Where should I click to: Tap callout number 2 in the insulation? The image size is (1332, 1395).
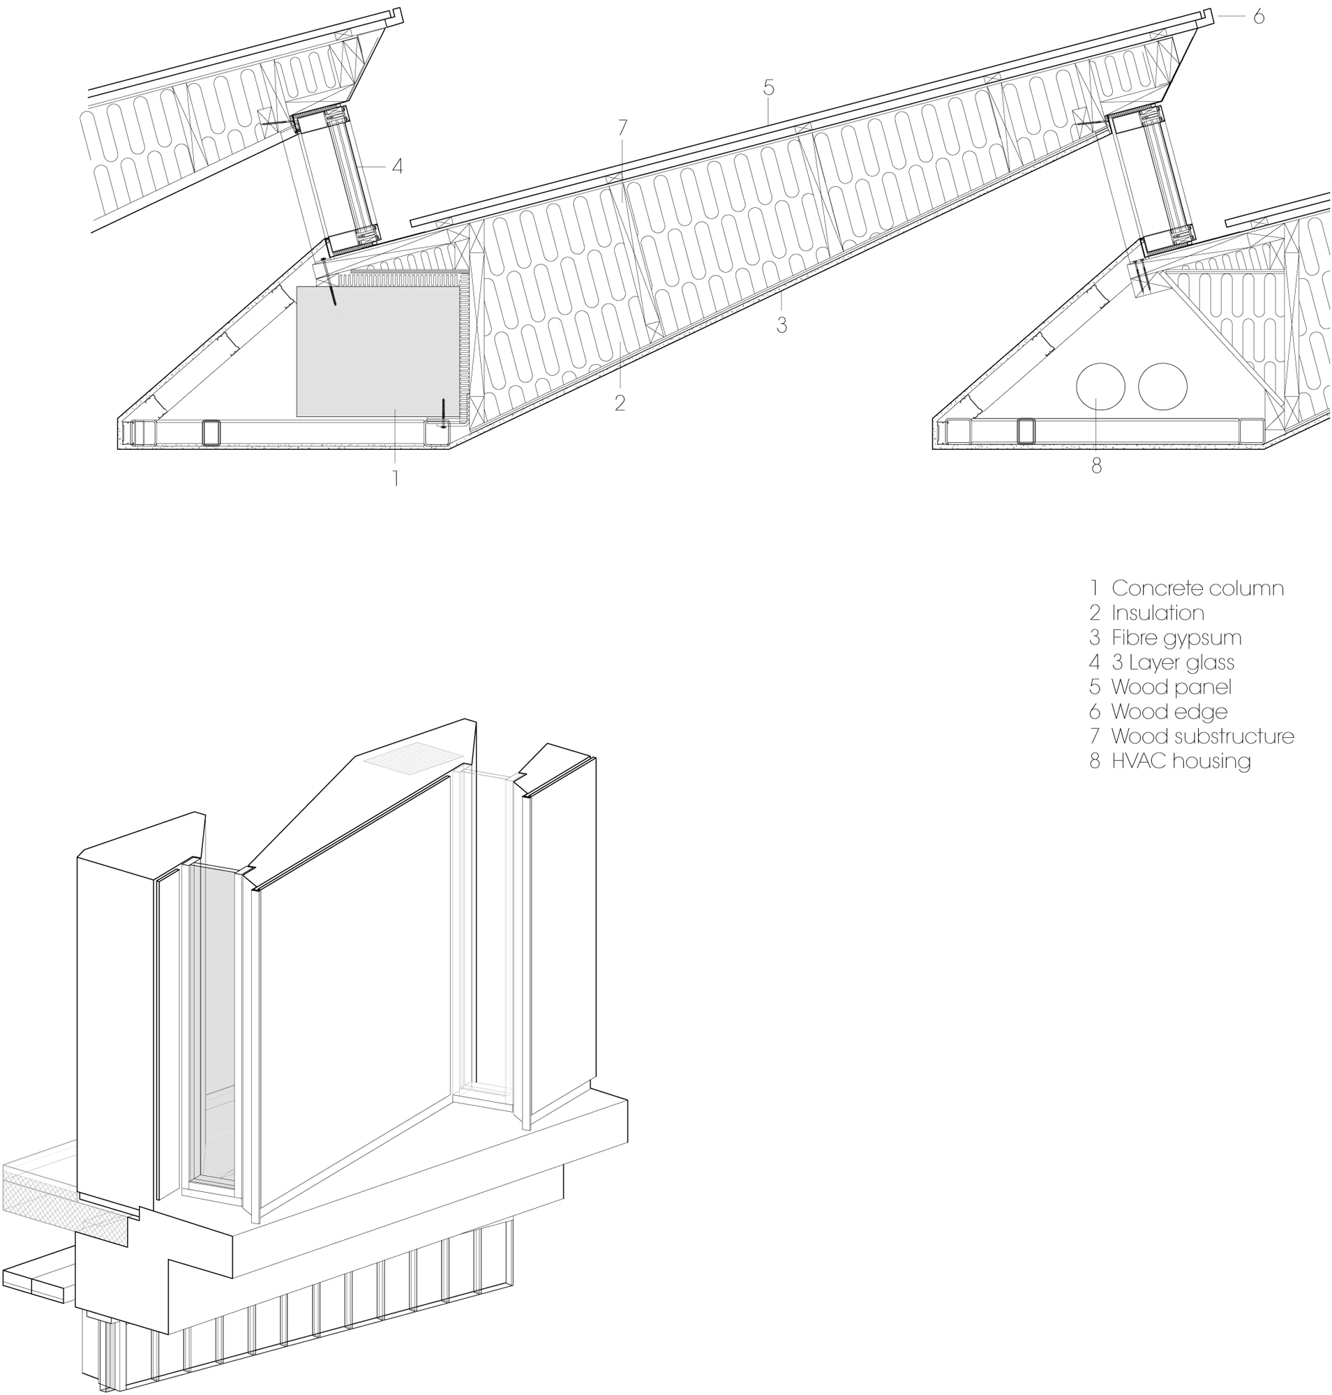(x=619, y=403)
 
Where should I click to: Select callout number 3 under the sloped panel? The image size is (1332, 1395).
(x=781, y=325)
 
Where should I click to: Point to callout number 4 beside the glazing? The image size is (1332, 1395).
(x=397, y=166)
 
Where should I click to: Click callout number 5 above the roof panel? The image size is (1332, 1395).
(x=768, y=88)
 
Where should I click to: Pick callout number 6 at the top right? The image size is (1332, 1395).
(x=1258, y=17)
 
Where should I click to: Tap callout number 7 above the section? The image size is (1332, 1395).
(x=622, y=128)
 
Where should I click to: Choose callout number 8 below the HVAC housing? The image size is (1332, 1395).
(x=1096, y=467)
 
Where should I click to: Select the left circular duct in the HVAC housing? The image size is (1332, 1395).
(x=1100, y=387)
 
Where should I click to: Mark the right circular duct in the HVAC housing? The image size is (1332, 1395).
(x=1162, y=387)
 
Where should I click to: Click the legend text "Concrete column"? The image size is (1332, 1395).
(x=1197, y=589)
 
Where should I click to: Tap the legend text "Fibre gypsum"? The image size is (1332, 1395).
(x=1176, y=638)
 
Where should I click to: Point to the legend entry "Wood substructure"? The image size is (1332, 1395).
(x=1202, y=736)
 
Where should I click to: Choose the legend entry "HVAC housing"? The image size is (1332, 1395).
(x=1180, y=761)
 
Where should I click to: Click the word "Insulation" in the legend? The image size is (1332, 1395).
(x=1158, y=612)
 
